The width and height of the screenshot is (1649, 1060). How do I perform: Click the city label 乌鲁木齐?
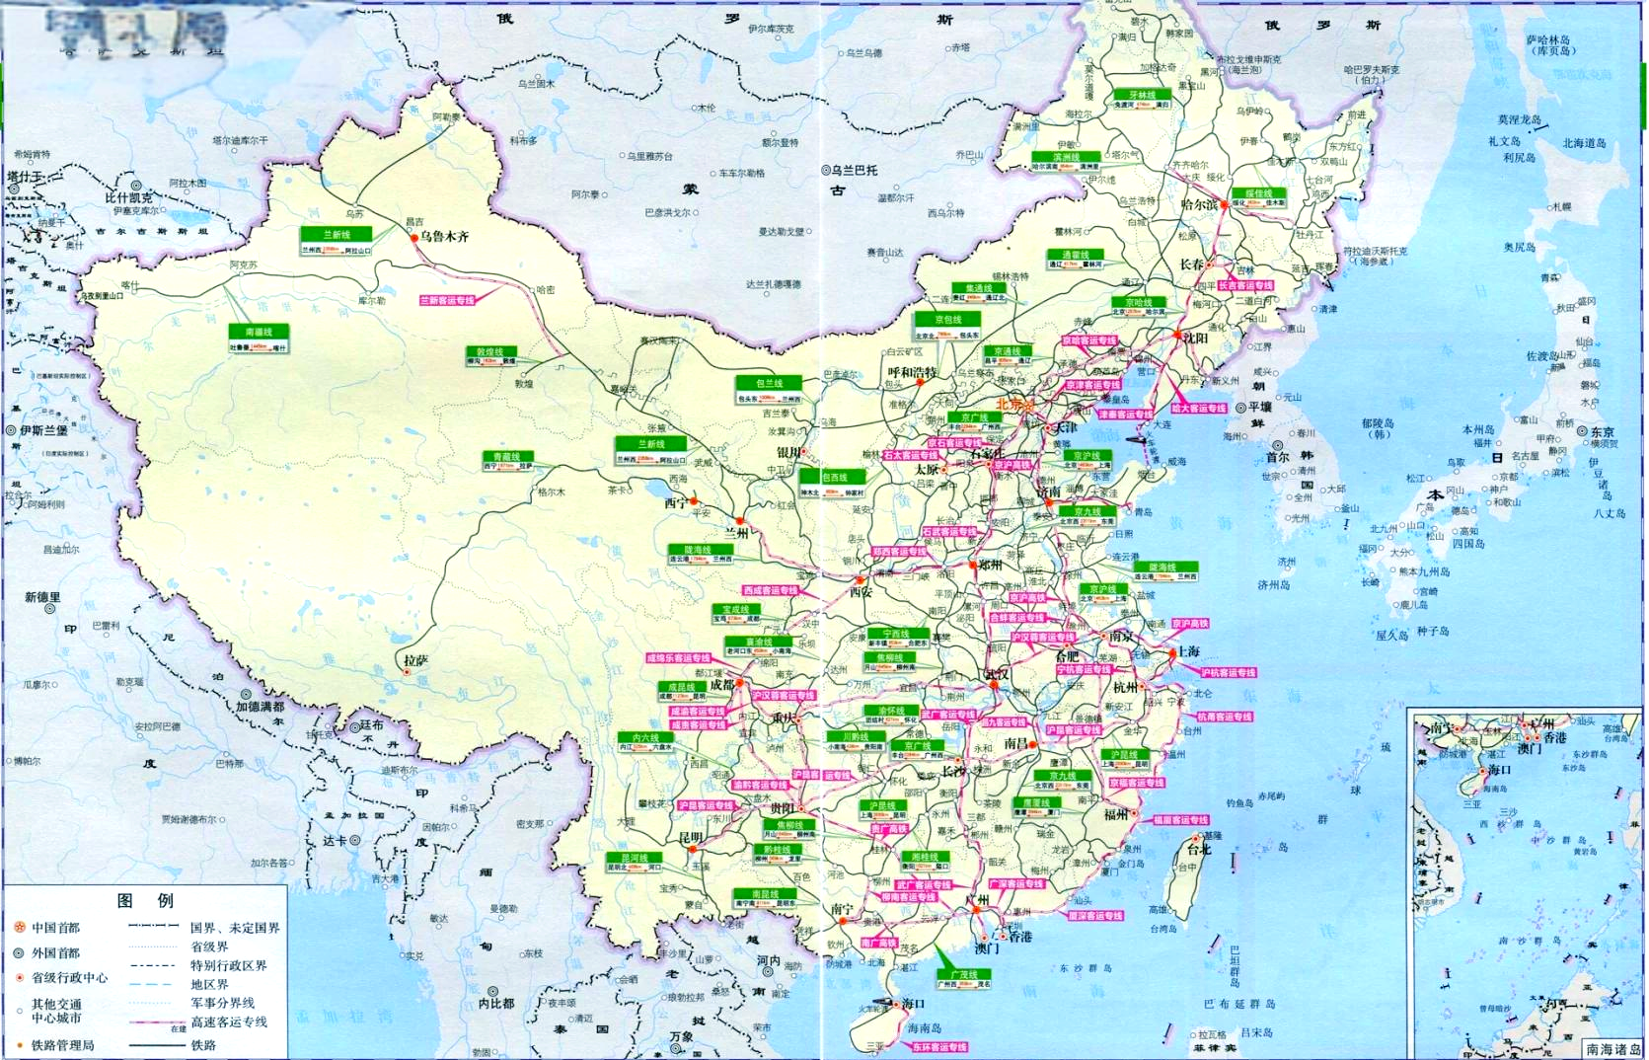pos(444,237)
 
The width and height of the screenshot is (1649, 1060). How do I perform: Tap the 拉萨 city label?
pos(416,659)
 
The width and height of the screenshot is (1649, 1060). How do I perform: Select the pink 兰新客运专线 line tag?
pos(447,300)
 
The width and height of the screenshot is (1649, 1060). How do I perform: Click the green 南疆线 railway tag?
pos(258,333)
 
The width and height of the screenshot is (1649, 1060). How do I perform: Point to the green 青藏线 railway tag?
pos(506,457)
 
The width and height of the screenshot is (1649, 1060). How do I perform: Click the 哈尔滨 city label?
pos(1200,205)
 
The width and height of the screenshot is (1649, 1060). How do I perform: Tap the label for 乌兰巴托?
pos(855,170)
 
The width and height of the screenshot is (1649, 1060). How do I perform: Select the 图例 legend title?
pos(145,900)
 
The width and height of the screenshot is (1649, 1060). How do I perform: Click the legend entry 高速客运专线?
pos(229,1022)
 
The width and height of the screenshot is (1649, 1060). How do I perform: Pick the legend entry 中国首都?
pos(56,928)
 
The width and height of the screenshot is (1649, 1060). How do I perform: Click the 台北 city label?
pos(1198,849)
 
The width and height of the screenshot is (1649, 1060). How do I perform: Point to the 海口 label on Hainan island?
pos(914,1003)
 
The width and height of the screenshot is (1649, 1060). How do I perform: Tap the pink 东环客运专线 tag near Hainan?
pos(938,1046)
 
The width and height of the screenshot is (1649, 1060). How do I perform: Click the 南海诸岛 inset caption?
pos(1613,1049)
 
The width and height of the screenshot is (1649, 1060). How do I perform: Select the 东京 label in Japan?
pos(1602,431)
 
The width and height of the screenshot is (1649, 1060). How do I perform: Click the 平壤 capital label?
pos(1260,407)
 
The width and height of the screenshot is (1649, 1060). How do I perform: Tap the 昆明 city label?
pos(690,837)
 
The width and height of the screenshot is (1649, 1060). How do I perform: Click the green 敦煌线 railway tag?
pos(490,352)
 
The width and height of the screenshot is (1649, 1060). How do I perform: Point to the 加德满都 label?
pos(260,707)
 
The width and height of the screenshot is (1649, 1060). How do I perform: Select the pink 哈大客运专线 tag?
pos(1199,408)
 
